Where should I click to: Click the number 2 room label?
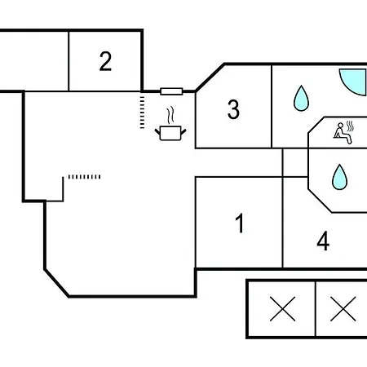click(105, 61)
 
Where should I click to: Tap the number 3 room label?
click(233, 109)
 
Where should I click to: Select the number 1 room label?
click(240, 223)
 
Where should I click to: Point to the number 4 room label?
click(323, 241)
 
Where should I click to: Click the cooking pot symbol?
click(170, 133)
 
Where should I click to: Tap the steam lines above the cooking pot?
click(170, 115)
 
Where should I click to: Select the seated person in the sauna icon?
click(343, 133)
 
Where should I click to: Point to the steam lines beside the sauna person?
click(350, 126)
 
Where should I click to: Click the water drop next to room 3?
click(301, 98)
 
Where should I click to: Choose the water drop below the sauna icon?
click(339, 177)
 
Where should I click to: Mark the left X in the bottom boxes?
click(282, 309)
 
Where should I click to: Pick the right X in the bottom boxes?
click(343, 309)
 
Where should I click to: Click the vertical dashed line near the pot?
click(142, 113)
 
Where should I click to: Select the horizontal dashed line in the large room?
click(84, 177)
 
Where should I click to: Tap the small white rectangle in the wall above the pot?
click(171, 91)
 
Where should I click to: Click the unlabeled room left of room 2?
click(34, 61)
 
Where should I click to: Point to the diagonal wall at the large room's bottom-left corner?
click(56, 283)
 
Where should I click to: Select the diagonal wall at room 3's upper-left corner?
click(210, 77)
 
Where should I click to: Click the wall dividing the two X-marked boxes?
click(316, 309)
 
